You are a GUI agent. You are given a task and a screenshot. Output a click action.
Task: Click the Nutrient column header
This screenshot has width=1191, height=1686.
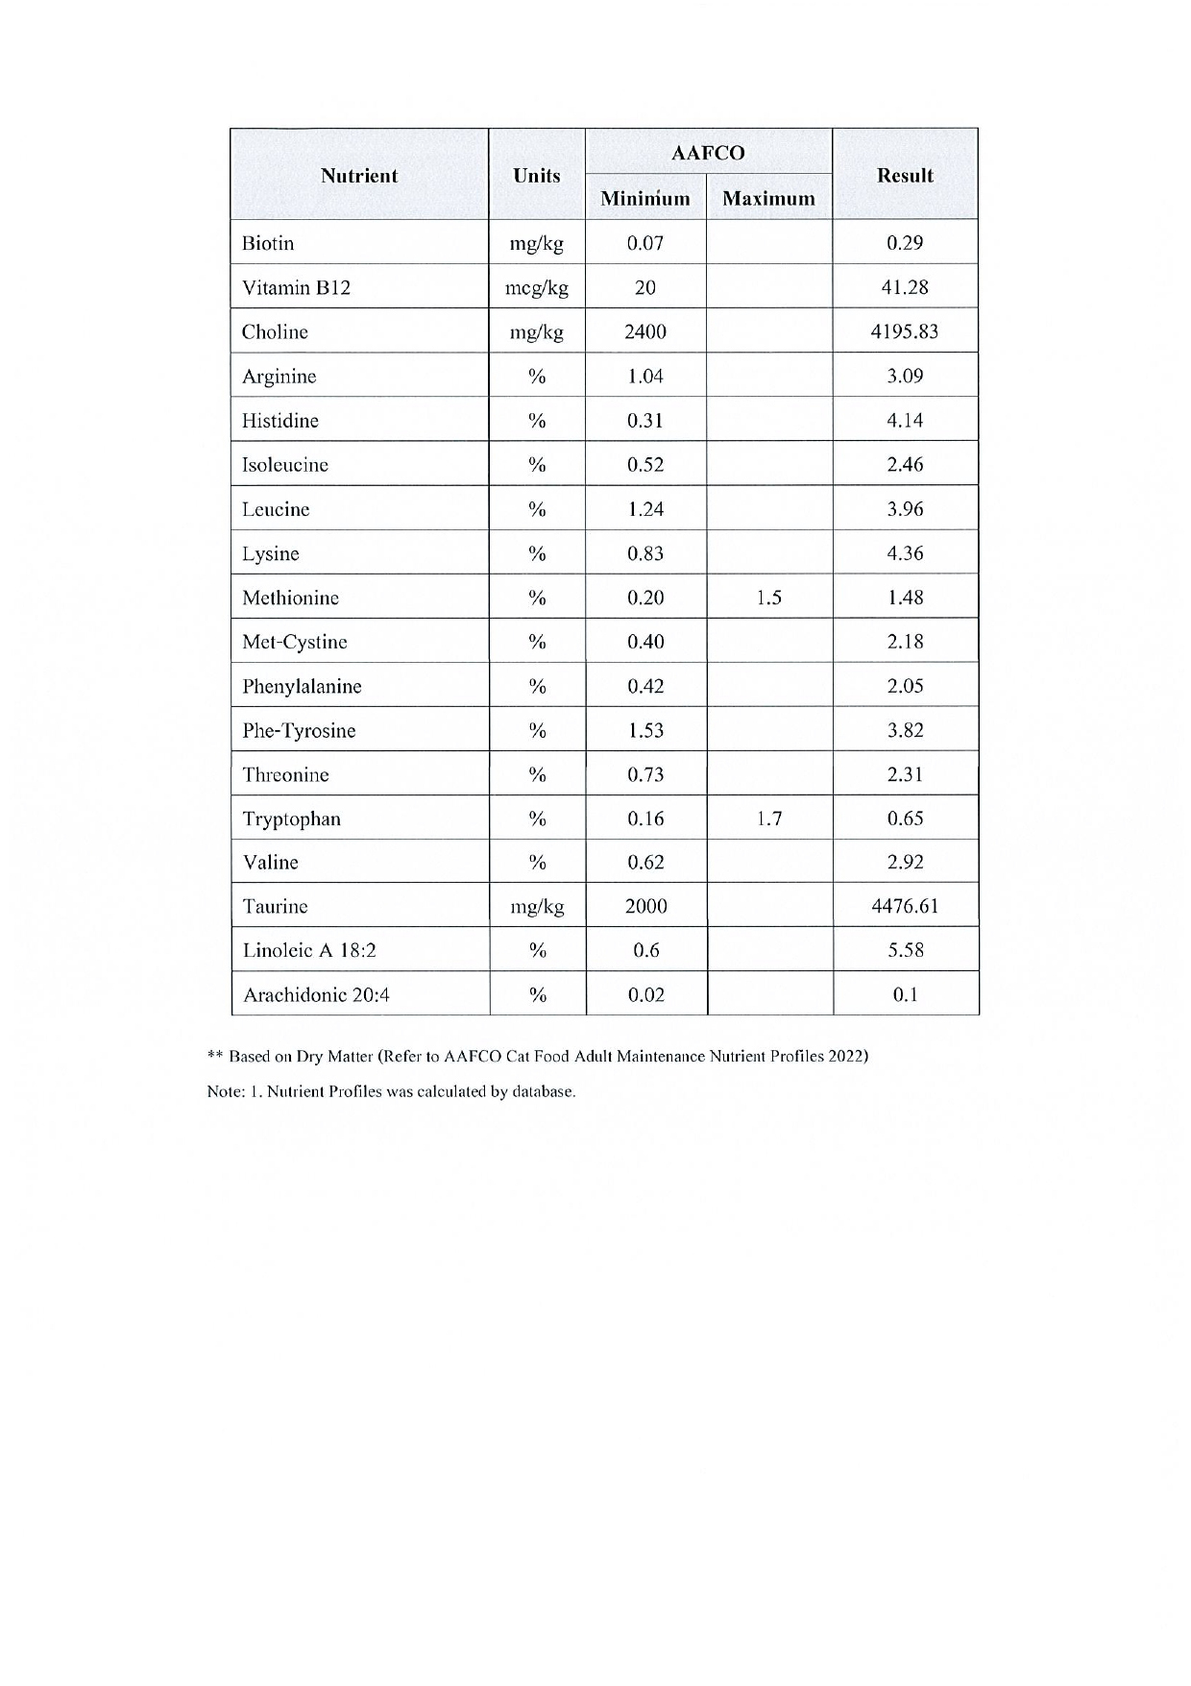point(358,176)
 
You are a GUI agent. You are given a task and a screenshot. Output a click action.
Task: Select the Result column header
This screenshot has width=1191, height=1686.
point(905,176)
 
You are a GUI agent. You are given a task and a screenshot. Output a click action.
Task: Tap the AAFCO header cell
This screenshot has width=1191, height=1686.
point(709,153)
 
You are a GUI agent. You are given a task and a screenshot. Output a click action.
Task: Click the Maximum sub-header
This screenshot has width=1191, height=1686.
point(768,199)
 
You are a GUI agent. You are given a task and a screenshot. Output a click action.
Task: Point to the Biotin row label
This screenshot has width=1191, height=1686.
point(268,243)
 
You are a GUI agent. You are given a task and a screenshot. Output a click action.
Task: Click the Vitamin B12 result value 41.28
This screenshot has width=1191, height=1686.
point(905,287)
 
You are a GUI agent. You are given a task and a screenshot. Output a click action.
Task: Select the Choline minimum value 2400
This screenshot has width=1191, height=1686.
point(645,331)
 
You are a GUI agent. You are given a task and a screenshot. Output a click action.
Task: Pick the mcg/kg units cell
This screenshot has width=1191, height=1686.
point(537,287)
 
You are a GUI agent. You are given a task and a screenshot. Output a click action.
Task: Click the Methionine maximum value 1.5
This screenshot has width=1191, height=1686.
point(768,598)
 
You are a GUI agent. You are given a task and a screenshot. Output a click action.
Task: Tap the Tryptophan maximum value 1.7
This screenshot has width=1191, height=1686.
point(768,819)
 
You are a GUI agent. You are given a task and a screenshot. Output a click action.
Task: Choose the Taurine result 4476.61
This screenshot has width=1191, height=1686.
point(905,906)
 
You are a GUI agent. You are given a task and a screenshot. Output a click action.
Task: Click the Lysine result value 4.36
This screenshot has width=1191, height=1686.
point(905,553)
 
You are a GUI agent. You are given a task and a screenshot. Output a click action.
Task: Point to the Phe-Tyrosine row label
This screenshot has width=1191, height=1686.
point(299,730)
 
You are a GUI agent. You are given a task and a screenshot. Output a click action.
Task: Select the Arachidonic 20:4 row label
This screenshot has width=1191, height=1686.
point(316,994)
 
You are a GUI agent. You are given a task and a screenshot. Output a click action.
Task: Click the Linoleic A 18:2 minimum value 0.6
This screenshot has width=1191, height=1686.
point(645,950)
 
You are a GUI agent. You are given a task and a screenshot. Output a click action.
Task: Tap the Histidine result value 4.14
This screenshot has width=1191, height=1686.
point(905,420)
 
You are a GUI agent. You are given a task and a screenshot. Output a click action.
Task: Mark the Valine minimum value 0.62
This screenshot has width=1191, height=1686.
point(645,862)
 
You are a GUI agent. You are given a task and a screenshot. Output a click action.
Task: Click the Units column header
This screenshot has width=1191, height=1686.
point(537,176)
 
